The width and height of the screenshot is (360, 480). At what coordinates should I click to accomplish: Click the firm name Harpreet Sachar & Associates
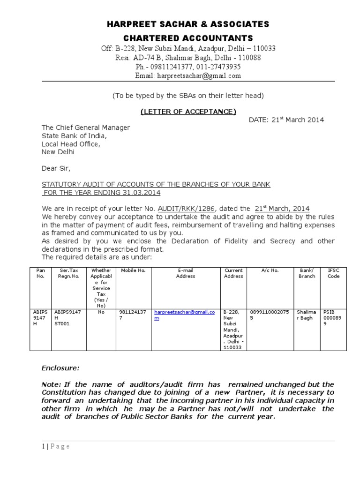(188, 24)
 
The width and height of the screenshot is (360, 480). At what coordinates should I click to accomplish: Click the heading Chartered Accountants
(188, 38)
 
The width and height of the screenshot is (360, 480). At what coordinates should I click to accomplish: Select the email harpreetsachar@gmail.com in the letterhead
(188, 75)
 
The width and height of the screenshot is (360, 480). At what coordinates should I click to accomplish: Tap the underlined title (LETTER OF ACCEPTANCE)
(188, 111)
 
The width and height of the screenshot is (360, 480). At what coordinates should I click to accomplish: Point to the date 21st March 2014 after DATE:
(298, 120)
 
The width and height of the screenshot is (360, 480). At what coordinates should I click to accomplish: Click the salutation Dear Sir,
(56, 168)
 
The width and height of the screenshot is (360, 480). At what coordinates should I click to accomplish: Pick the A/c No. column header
(270, 270)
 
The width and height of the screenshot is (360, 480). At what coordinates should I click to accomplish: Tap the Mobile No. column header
(133, 270)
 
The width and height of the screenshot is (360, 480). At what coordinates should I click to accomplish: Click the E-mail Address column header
(185, 273)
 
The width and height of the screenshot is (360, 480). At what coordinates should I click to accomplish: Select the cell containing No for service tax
(101, 311)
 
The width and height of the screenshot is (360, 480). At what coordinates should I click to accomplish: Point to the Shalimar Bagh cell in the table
(307, 315)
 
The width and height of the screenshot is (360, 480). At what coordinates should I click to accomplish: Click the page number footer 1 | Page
(55, 446)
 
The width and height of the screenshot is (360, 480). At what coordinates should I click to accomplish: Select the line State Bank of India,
(74, 136)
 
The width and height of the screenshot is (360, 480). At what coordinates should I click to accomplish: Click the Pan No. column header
(40, 273)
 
